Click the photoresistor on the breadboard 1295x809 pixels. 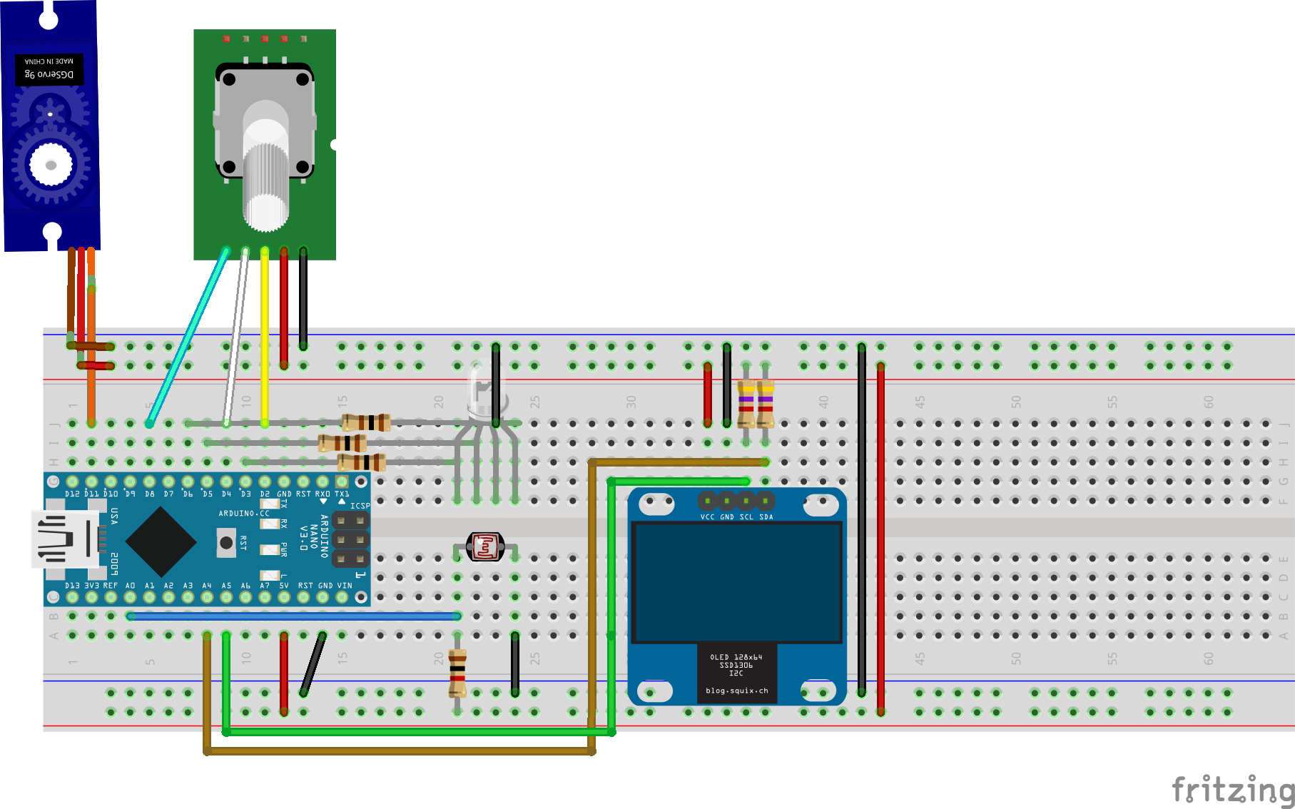click(485, 547)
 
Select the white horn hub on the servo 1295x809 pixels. click(51, 165)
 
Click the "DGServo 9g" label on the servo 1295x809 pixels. click(49, 74)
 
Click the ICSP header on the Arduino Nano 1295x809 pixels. click(350, 539)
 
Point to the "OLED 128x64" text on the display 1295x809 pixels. click(736, 657)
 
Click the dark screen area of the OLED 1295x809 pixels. click(737, 581)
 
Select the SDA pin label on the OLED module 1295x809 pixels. click(766, 517)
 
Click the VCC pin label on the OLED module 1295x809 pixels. click(707, 517)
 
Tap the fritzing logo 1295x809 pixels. click(1232, 790)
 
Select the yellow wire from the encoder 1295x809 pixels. click(265, 335)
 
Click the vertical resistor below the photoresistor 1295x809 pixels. click(457, 672)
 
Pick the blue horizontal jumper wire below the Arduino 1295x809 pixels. click(293, 616)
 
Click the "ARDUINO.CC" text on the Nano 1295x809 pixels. click(244, 513)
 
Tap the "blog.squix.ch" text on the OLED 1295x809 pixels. click(736, 691)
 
